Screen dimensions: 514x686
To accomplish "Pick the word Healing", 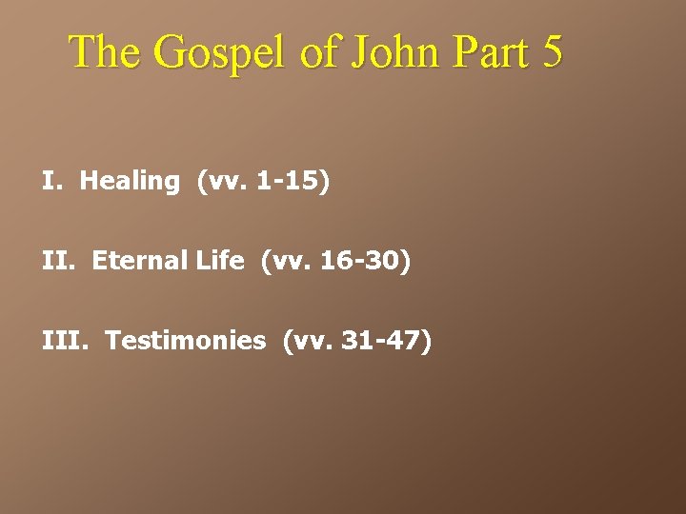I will (x=130, y=181).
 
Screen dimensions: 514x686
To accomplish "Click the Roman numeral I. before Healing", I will (x=51, y=181).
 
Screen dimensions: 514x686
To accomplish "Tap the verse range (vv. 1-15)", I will (x=263, y=181).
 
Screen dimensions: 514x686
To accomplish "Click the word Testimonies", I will (x=186, y=341).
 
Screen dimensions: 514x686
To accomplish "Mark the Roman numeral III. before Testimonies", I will (x=64, y=341).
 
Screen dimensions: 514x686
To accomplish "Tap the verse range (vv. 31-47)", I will (x=357, y=341).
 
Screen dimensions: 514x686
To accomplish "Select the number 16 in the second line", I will (x=334, y=261).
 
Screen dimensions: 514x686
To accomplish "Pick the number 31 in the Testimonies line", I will (x=355, y=341).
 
